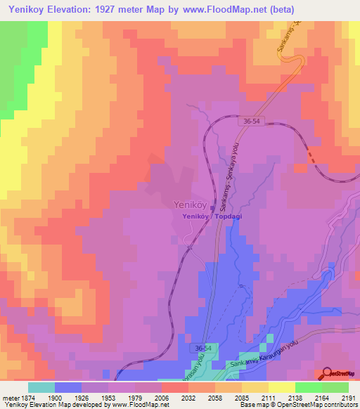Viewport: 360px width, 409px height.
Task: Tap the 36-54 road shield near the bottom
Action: (x=203, y=349)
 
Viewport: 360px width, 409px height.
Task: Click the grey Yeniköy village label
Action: (x=188, y=204)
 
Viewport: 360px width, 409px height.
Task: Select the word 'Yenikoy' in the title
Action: (x=26, y=9)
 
